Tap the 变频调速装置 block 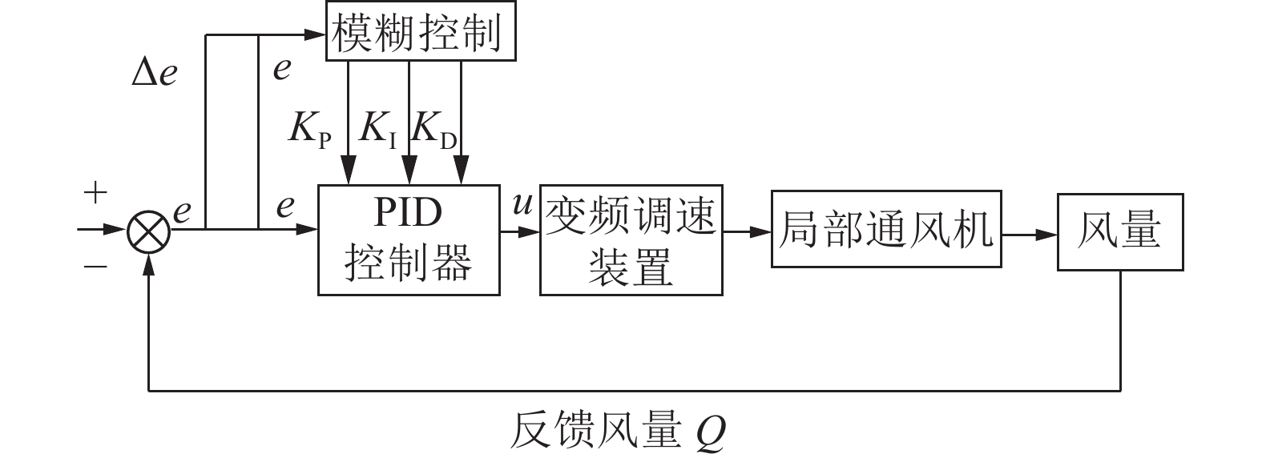(631, 240)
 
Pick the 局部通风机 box (885, 229)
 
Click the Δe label (155, 74)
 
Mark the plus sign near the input (95, 193)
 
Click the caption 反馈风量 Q (617, 432)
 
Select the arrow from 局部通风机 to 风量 (1030, 235)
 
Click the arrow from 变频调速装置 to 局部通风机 (747, 232)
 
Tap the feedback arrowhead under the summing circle (149, 266)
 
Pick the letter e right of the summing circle (182, 211)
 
